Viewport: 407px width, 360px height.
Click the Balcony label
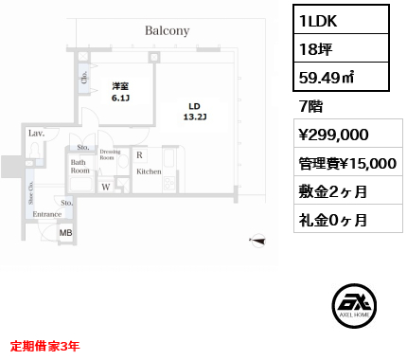pos(168,31)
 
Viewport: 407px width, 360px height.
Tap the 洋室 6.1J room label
pos(120,91)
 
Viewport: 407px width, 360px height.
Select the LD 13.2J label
pos(195,111)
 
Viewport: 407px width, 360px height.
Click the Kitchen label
pos(149,171)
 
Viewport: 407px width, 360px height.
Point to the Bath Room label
pos(80,168)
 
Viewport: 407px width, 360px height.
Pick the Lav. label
pos(37,135)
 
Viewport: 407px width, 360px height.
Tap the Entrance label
pos(46,215)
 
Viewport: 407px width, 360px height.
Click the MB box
pos(66,232)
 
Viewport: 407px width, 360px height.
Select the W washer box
pos(106,187)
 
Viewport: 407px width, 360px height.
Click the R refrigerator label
pos(139,154)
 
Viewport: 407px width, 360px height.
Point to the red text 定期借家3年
pos(45,346)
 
